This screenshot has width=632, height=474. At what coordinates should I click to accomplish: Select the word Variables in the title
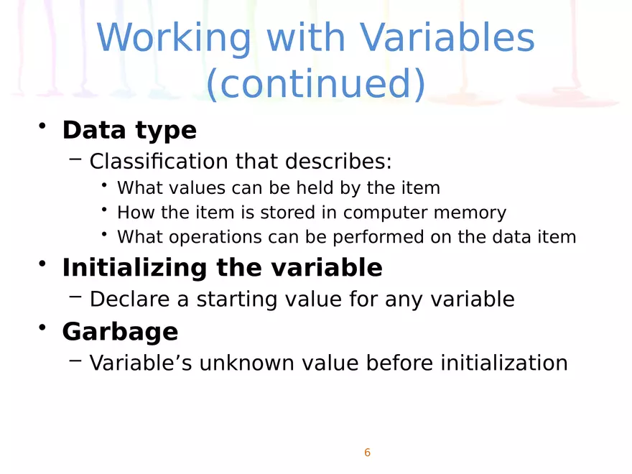click(447, 37)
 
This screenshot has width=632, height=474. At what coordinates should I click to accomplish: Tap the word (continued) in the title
click(316, 83)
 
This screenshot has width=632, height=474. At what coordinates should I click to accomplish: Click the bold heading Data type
click(129, 131)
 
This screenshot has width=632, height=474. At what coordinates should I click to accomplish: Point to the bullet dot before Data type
click(42, 126)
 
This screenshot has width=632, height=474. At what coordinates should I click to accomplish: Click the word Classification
click(159, 161)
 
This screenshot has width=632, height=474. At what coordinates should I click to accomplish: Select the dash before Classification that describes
click(75, 159)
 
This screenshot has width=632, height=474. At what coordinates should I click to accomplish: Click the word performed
click(378, 238)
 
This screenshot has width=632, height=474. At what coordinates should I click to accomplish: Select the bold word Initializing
click(134, 269)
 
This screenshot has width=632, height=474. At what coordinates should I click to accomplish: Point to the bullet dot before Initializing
click(42, 264)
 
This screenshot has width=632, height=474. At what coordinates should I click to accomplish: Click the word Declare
click(130, 299)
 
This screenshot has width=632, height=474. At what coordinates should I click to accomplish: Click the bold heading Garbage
click(120, 332)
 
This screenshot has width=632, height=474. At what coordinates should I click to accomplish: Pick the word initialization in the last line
click(504, 363)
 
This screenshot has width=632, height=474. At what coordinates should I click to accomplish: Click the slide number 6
click(367, 452)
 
